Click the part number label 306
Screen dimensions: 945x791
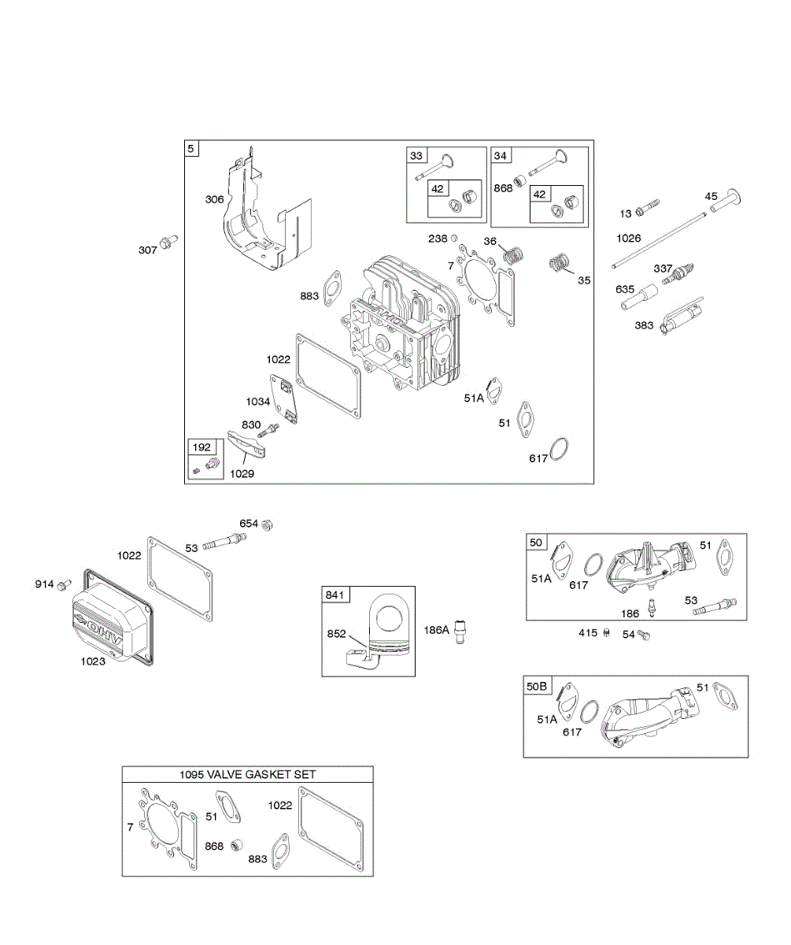tap(214, 200)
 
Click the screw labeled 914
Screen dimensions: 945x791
tap(65, 585)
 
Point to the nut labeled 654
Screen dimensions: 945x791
tap(267, 524)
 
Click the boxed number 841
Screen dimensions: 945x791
tap(335, 595)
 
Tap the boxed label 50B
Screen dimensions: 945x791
tap(536, 686)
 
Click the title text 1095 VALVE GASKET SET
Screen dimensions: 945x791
tap(248, 775)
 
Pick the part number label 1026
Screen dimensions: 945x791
tap(629, 237)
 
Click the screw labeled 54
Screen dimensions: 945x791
tap(643, 634)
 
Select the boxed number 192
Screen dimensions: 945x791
tap(201, 447)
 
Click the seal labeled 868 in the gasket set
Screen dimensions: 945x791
tap(234, 847)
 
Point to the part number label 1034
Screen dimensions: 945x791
tap(257, 402)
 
